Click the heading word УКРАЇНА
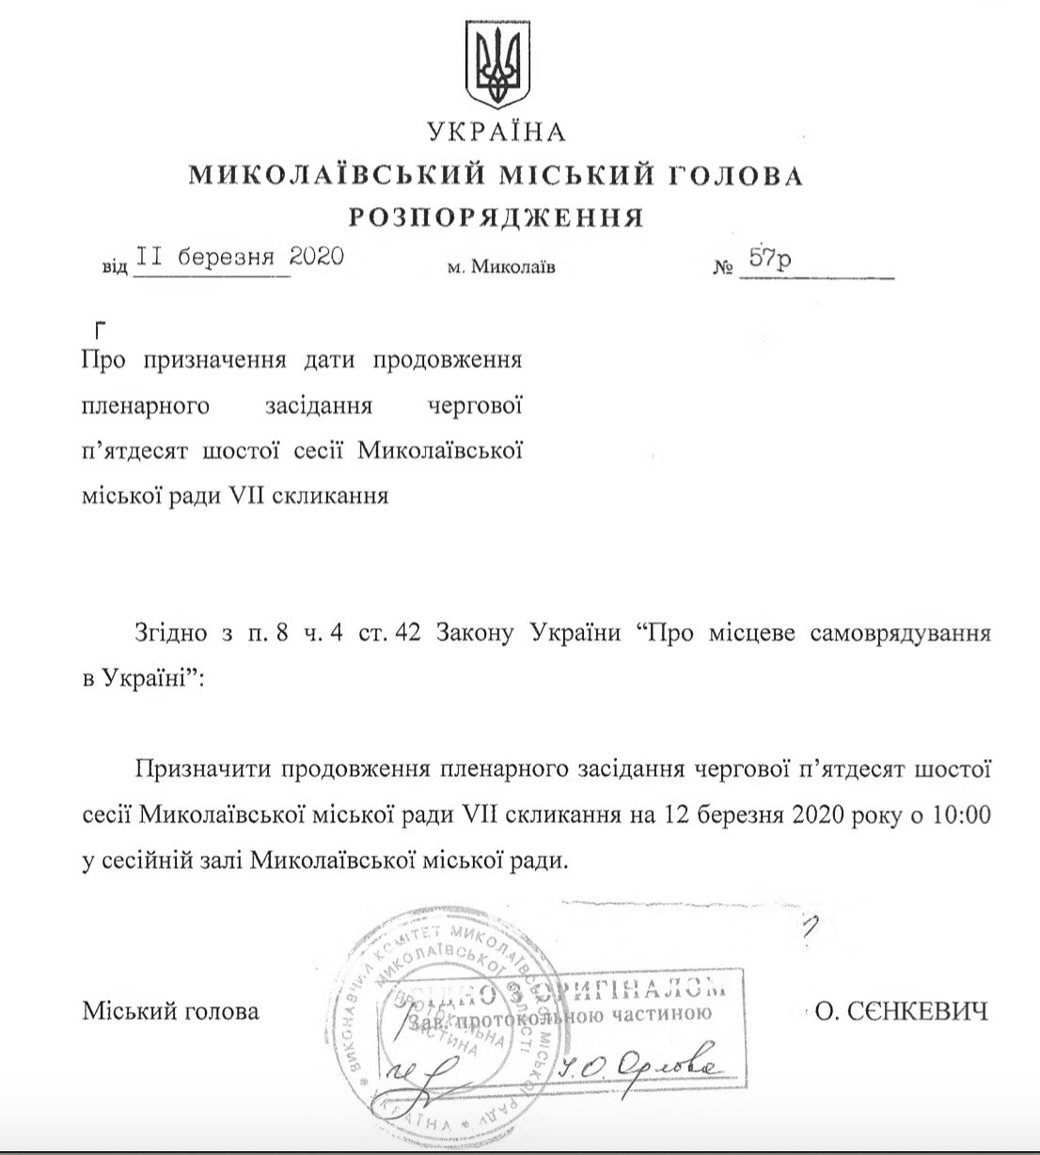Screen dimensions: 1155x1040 coord(496,132)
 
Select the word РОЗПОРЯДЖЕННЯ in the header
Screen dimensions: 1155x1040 coord(496,218)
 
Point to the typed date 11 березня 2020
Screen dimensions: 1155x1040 coord(239,258)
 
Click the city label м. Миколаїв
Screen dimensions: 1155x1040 coord(501,267)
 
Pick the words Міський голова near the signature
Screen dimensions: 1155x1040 coord(170,1013)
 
